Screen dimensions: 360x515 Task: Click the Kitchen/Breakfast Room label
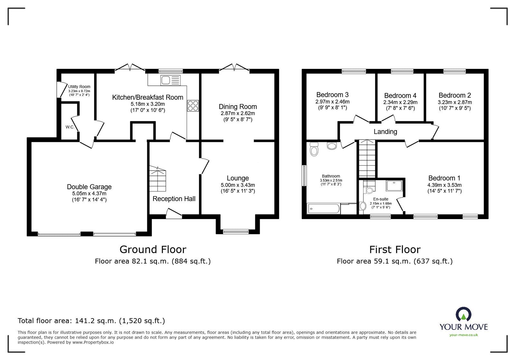(147, 97)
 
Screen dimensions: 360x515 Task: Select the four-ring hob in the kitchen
(193, 106)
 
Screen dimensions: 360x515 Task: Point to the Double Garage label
(89, 187)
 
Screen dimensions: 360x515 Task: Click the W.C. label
(70, 127)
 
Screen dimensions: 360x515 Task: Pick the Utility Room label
(79, 87)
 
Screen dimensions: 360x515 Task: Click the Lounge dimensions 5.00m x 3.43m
(238, 185)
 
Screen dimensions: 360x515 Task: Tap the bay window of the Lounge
(236, 231)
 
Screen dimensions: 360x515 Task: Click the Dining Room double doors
(234, 67)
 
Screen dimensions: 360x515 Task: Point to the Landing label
(385, 132)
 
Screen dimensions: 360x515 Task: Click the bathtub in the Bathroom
(323, 209)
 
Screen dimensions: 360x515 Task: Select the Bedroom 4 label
(400, 96)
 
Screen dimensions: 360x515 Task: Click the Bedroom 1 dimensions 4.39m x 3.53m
(444, 185)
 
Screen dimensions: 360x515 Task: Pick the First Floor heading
(395, 249)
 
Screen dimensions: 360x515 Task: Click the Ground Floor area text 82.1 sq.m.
(153, 261)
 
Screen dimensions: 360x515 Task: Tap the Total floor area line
(91, 320)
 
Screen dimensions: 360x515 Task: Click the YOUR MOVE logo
(464, 320)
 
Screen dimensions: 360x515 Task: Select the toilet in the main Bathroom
(314, 150)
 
